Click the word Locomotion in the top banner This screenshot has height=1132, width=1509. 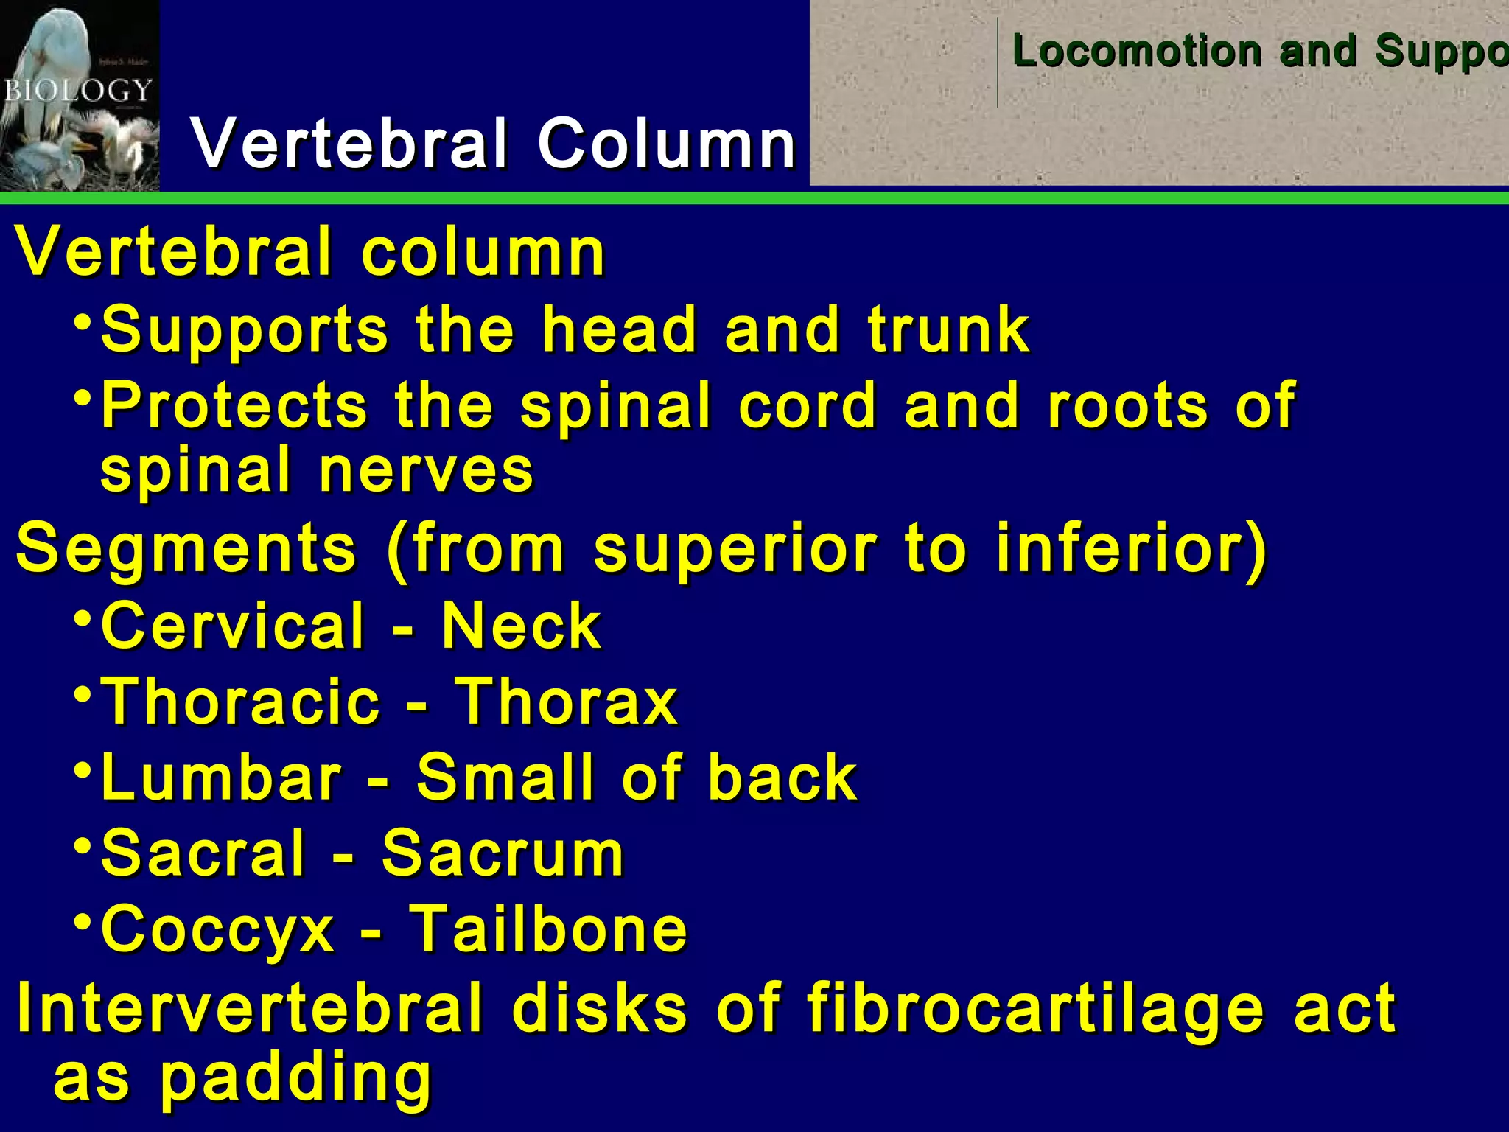pyautogui.click(x=1138, y=52)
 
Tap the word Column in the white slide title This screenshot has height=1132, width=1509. pyautogui.click(x=667, y=143)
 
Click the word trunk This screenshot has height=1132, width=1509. pyautogui.click(x=948, y=329)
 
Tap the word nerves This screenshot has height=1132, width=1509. pyautogui.click(x=427, y=469)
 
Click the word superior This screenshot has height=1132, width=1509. pyautogui.click(x=735, y=549)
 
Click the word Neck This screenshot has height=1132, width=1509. pyautogui.click(x=521, y=626)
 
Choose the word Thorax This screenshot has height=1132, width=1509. pyautogui.click(x=565, y=702)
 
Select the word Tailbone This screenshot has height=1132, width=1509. pyautogui.click(x=548, y=929)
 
